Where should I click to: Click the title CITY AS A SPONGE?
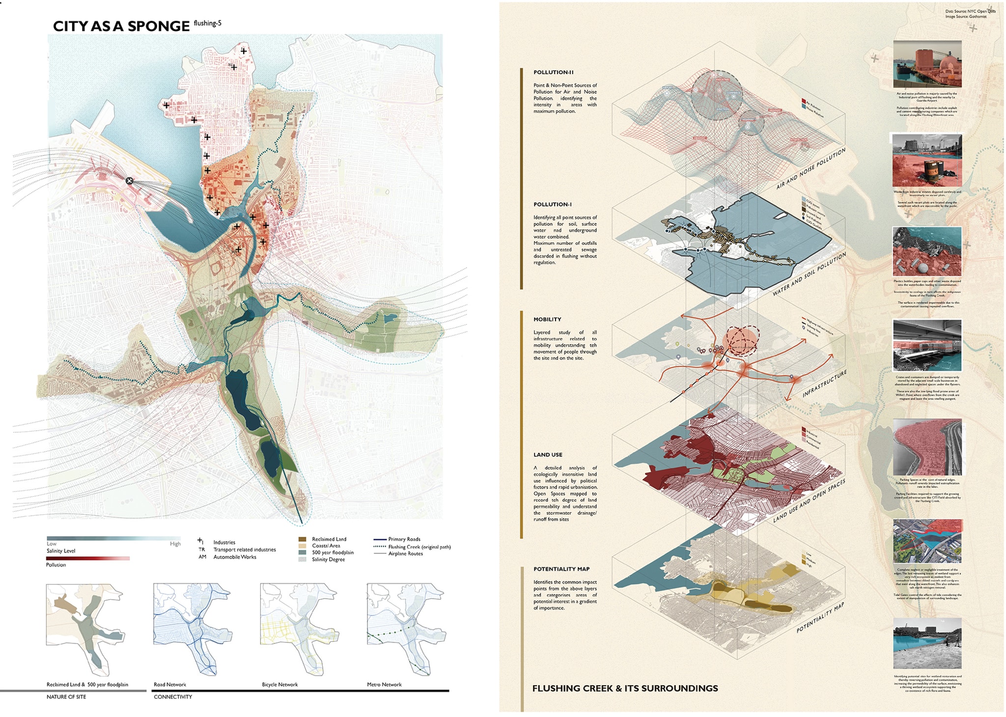point(121,27)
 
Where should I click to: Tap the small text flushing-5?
point(207,23)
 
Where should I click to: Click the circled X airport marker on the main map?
point(129,181)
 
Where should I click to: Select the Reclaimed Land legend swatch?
point(302,539)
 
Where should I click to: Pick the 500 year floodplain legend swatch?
point(302,552)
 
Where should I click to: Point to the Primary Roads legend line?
point(380,539)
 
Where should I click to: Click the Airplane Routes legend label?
point(405,553)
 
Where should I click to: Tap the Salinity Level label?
point(61,551)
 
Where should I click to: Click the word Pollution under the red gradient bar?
point(56,565)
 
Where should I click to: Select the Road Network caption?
point(170,685)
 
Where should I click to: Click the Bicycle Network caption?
point(280,685)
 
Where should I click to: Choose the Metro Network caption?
point(384,685)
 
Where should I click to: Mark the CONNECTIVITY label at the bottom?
point(173,697)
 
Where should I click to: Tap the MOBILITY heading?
point(547,319)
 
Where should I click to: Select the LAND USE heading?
point(548,455)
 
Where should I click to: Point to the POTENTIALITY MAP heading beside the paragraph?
point(561,569)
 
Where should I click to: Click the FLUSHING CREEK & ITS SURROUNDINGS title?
point(625,689)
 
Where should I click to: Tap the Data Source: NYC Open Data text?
point(970,11)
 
